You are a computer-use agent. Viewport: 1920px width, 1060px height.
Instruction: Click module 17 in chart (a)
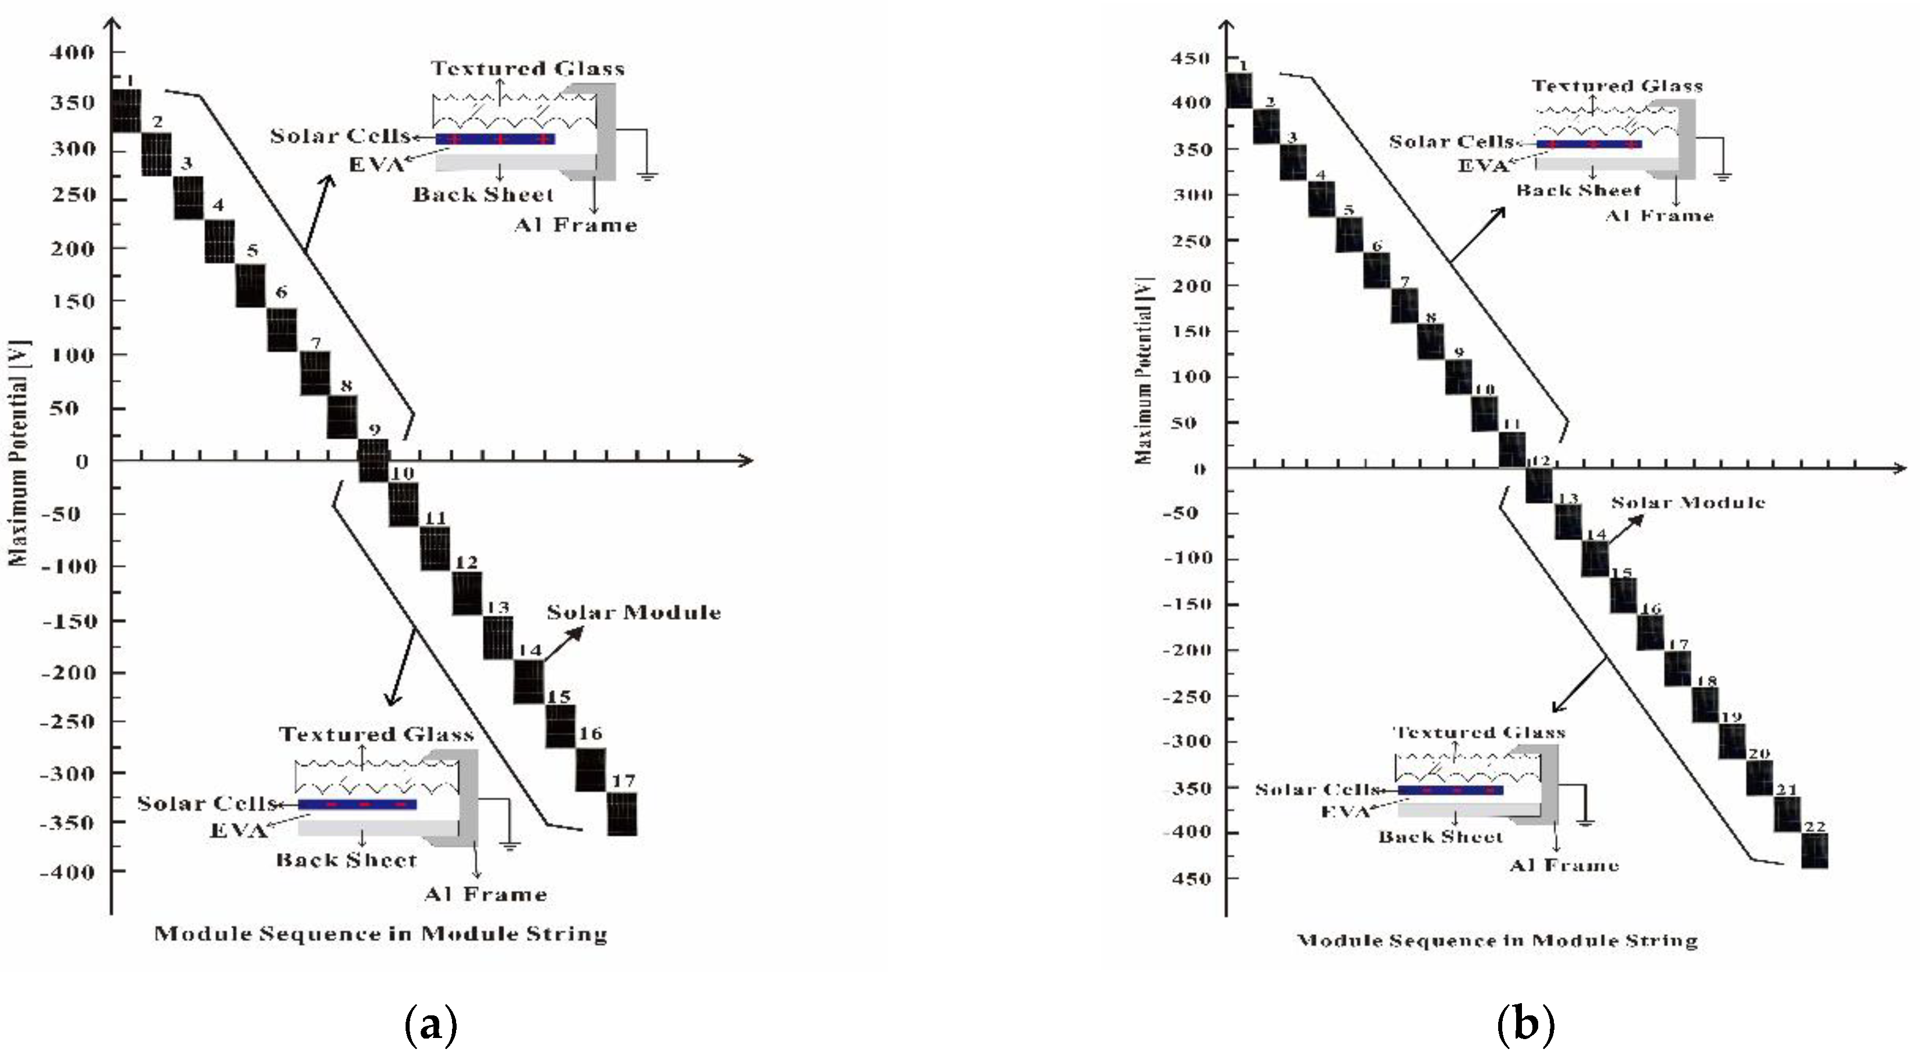(x=623, y=814)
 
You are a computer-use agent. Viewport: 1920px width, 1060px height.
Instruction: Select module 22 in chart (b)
(x=1814, y=851)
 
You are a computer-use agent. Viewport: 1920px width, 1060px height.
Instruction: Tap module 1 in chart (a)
(x=125, y=110)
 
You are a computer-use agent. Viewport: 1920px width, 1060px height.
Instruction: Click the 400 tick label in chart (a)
(x=73, y=53)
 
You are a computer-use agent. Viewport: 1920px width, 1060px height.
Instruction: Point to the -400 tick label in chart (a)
(x=68, y=872)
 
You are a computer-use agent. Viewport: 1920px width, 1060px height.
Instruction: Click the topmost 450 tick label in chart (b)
(x=1191, y=59)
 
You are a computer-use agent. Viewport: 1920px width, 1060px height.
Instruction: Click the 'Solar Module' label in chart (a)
(x=634, y=613)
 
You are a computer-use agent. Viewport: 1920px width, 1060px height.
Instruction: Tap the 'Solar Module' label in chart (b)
(x=1688, y=503)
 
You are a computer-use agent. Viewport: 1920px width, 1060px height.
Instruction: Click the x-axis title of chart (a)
(x=380, y=934)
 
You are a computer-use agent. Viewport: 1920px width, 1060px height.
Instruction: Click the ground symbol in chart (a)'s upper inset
(x=648, y=176)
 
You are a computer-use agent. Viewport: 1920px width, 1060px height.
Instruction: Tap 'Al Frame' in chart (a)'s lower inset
(x=485, y=894)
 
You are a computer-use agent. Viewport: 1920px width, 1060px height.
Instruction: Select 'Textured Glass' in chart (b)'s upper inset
(x=1617, y=86)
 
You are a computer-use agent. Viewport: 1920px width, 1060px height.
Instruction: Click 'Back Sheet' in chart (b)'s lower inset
(x=1440, y=837)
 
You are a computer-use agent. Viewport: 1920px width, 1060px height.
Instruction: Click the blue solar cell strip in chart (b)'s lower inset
(x=1449, y=790)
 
